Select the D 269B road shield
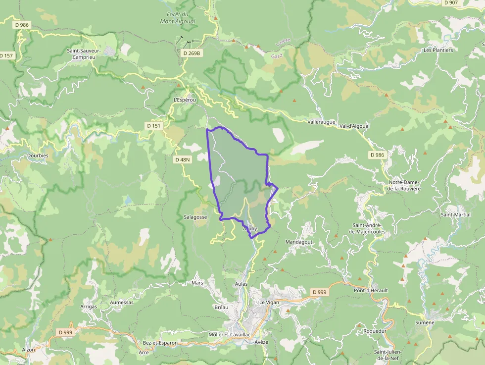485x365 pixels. (192, 53)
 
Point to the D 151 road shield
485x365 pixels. (154, 126)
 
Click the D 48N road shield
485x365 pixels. (183, 159)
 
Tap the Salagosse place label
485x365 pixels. (195, 217)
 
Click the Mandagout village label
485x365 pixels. (299, 242)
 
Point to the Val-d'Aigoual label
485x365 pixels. (354, 126)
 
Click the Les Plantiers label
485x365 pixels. (438, 50)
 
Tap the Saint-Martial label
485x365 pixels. (455, 214)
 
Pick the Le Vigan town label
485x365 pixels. (269, 302)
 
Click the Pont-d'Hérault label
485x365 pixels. (371, 290)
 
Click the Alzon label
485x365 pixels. (29, 350)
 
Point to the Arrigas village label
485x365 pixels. (89, 307)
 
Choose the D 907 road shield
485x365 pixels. (451, 2)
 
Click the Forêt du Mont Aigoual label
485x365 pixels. (177, 18)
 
